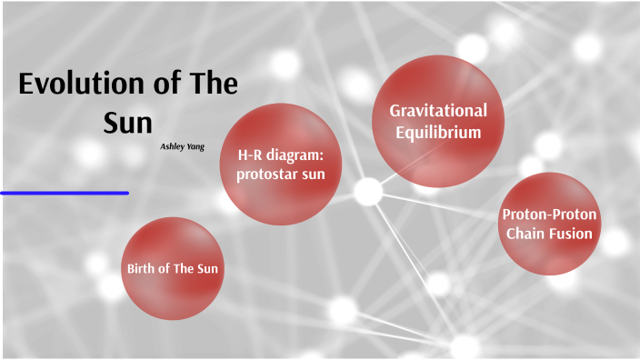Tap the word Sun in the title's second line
click(x=127, y=122)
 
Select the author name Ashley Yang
click(x=183, y=145)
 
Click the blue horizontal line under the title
click(x=64, y=193)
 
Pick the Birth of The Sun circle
click(x=173, y=268)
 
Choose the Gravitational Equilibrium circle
click(x=438, y=121)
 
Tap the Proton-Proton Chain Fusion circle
click(x=548, y=225)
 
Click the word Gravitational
click(x=438, y=110)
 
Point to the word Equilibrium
click(x=438, y=132)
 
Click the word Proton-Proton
click(x=548, y=215)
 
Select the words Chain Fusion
click(x=548, y=234)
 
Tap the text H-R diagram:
click(x=281, y=155)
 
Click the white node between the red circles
click(x=367, y=191)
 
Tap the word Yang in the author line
click(x=196, y=145)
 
